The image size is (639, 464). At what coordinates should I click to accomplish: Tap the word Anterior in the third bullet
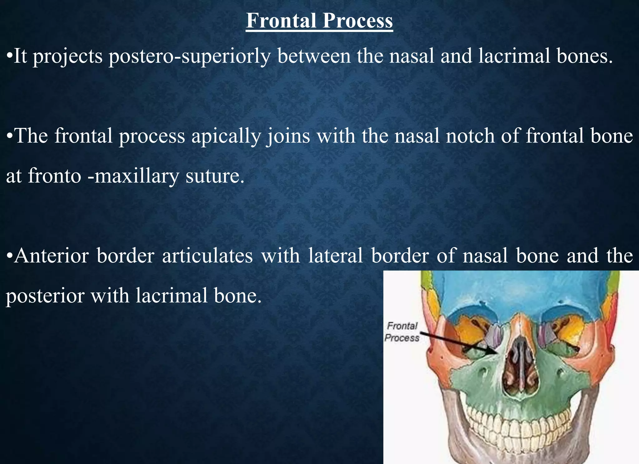pyautogui.click(x=51, y=256)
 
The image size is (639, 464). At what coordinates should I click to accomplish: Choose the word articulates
pyautogui.click(x=207, y=256)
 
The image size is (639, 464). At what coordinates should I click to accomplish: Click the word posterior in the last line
pyautogui.click(x=45, y=295)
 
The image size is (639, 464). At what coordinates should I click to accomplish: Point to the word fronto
pyautogui.click(x=55, y=176)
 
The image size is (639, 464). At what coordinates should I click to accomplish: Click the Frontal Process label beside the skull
pyautogui.click(x=402, y=332)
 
